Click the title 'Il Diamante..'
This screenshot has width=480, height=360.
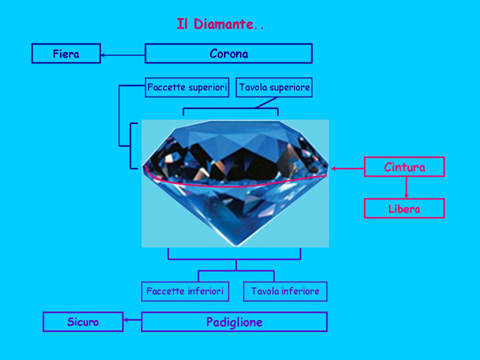(220, 25)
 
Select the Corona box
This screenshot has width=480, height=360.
(228, 54)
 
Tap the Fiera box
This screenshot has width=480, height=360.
(66, 54)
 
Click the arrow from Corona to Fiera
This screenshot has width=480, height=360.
(122, 55)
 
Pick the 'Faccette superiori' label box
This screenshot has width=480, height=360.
(187, 87)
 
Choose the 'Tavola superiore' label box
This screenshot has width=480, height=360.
(274, 87)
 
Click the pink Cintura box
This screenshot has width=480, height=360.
(404, 167)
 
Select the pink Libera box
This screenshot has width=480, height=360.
(404, 209)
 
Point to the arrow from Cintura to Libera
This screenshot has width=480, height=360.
(406, 188)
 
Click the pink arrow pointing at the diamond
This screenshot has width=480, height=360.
(347, 168)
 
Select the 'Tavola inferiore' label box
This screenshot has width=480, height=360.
(285, 291)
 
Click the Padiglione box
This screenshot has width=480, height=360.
(234, 322)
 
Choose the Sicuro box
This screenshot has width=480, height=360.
(82, 322)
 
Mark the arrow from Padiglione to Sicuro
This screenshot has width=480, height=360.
(132, 322)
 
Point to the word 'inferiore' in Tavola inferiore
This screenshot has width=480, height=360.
(298, 291)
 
